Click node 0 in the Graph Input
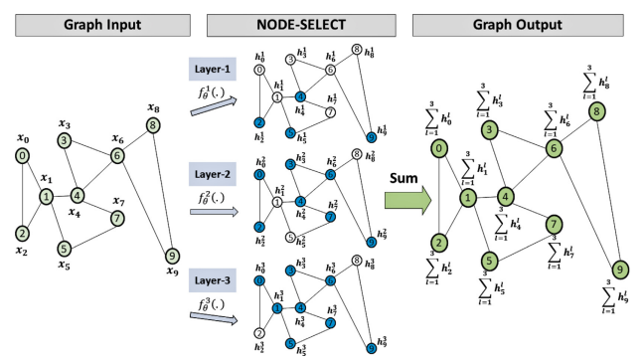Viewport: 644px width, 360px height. [22, 156]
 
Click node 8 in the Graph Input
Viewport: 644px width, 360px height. [152, 124]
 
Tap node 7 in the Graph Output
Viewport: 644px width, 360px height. [554, 223]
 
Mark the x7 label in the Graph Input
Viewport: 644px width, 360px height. [118, 202]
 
